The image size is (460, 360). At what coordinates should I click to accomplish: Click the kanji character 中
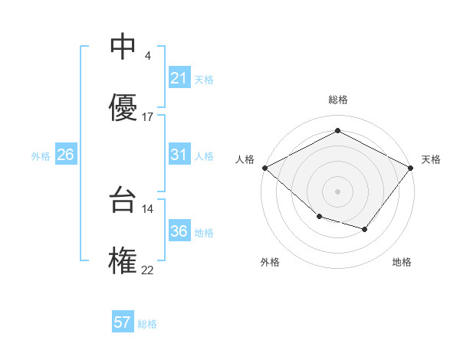pos(123,47)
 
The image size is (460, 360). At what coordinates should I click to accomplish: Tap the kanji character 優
pos(123,107)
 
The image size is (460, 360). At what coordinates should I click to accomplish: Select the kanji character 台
pos(123,201)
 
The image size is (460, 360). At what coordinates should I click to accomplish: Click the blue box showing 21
pos(179,78)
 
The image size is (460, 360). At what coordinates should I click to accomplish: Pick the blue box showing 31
pos(179,155)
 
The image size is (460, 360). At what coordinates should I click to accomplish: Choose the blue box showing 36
pos(179,231)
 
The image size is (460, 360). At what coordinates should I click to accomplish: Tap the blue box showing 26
pos(65,155)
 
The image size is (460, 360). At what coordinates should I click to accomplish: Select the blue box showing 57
pos(122,322)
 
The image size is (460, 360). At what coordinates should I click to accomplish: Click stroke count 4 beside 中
pos(147,56)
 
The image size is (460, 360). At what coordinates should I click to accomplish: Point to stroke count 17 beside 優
pos(148,117)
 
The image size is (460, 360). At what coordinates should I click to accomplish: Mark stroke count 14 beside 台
pos(148,208)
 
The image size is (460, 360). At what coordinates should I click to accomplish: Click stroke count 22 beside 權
pos(148,269)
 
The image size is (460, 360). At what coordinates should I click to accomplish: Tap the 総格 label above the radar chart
pos(337,100)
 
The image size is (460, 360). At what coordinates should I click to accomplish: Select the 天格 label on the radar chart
pos(431,159)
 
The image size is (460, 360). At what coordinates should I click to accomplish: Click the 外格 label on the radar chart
pos(270,262)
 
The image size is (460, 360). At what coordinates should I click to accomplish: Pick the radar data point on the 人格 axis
pos(264,168)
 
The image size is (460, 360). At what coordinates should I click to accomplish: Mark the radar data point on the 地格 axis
pos(365,229)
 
